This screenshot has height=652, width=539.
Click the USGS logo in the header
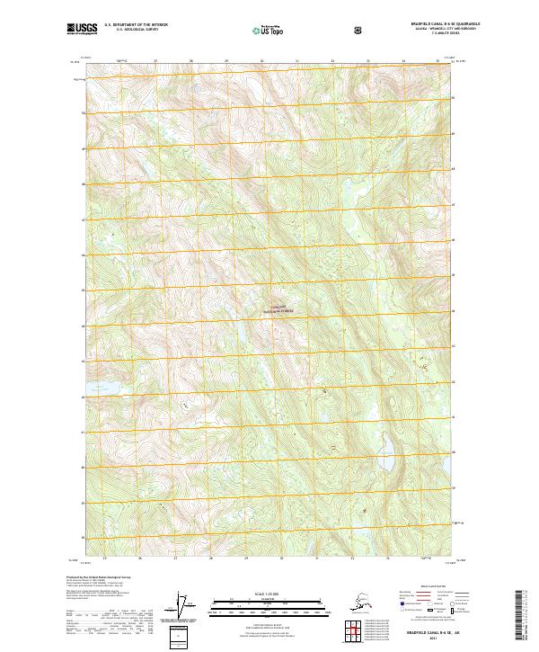coord(83,29)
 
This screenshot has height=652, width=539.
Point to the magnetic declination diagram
coord(188,606)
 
